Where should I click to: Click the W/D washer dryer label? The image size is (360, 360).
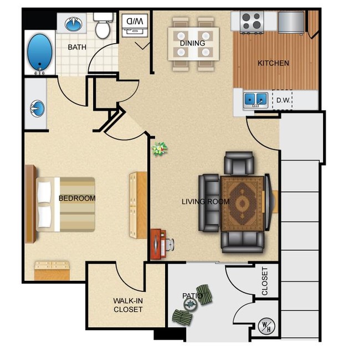coord(135,22)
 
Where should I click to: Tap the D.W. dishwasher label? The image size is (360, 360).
coord(284,100)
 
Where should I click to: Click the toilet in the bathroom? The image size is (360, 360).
coord(103,25)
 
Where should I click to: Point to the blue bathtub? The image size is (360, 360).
coord(40,53)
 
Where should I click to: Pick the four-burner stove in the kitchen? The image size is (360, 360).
coord(252,22)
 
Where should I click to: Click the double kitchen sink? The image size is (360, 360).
coord(256,100)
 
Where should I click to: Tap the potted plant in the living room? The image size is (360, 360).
coord(160,149)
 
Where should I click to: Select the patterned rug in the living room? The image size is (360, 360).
coord(243,203)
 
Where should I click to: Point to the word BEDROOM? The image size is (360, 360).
coord(77,198)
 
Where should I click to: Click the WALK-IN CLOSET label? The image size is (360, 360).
coord(128,305)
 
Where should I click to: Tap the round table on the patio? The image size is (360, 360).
coord(191,305)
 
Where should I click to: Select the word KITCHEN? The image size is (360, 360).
coord(273,63)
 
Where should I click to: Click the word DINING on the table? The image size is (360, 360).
coord(192,43)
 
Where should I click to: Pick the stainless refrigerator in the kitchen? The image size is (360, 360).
coord(291,22)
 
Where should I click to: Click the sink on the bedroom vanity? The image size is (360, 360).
coord(37,108)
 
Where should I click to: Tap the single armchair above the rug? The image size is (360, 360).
coord(239,163)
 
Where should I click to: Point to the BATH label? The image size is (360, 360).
coord(77,47)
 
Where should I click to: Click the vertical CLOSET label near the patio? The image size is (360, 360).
coord(265,281)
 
